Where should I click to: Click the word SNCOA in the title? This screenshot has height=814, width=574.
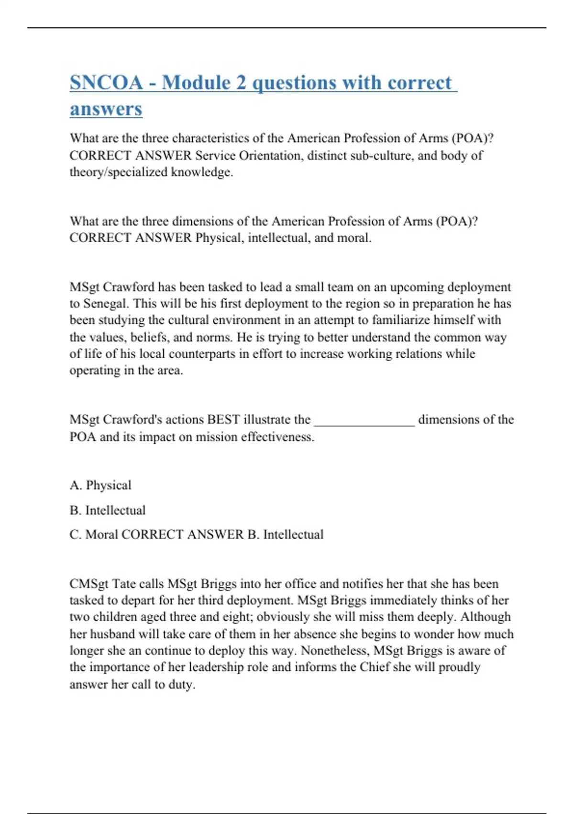[x=106, y=82]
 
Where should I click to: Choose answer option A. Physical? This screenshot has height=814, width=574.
[x=100, y=485]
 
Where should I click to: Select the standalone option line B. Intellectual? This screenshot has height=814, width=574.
[x=108, y=510]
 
